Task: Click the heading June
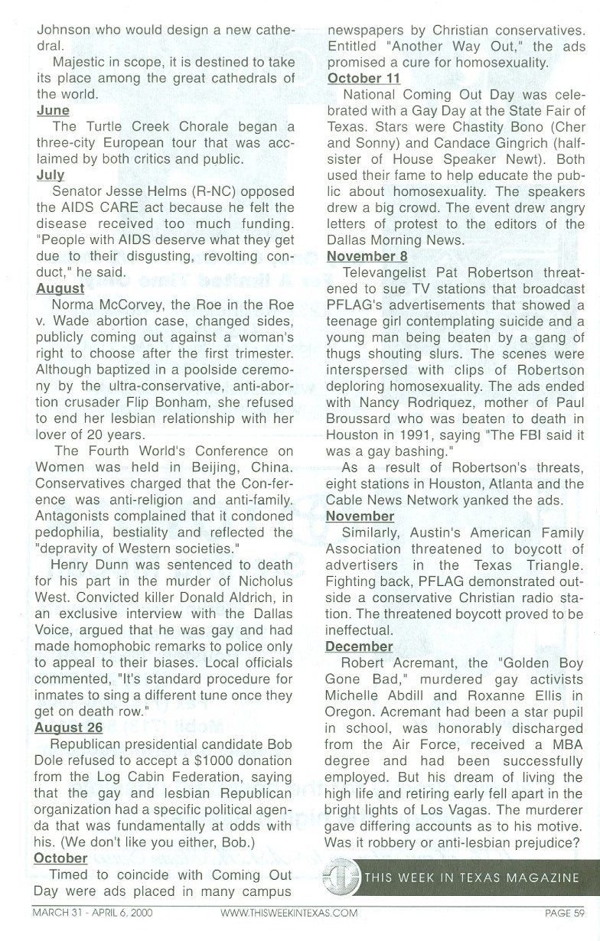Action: (x=53, y=111)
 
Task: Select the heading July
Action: (x=51, y=175)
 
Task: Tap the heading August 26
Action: (x=69, y=726)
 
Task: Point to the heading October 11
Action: (x=364, y=78)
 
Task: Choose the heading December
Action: (x=360, y=646)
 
